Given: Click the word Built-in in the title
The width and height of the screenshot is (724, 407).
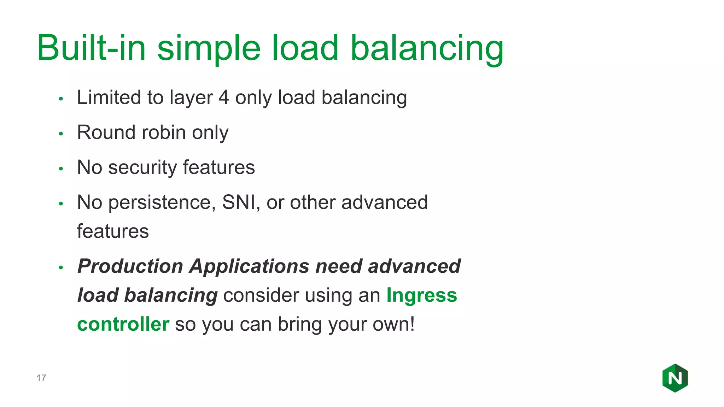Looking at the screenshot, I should pyautogui.click(x=91, y=48).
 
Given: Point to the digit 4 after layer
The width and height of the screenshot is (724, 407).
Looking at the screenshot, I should pyautogui.click(x=224, y=98).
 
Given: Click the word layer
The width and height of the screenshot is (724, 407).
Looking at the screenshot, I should pyautogui.click(x=191, y=98).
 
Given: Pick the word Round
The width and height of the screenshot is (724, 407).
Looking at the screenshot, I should pyautogui.click(x=106, y=132).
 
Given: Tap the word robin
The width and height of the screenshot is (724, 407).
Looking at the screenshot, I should pyautogui.click(x=163, y=132).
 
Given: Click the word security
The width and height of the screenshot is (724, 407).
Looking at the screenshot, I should pyautogui.click(x=142, y=168).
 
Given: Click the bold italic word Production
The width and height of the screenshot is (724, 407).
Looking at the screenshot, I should pyautogui.click(x=130, y=266).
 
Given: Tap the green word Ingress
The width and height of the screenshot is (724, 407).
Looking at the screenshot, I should pyautogui.click(x=421, y=296).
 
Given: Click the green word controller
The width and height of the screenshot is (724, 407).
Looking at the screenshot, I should pyautogui.click(x=123, y=324).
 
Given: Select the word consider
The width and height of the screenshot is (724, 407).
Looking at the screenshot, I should pyautogui.click(x=261, y=295).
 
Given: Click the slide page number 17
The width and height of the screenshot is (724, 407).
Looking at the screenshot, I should pyautogui.click(x=41, y=378).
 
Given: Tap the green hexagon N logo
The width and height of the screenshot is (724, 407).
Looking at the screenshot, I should pyautogui.click(x=675, y=378).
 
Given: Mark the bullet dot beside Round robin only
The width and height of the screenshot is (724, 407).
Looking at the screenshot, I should pyautogui.click(x=61, y=134).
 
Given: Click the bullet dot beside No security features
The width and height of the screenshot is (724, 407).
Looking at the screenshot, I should pyautogui.click(x=61, y=169).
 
